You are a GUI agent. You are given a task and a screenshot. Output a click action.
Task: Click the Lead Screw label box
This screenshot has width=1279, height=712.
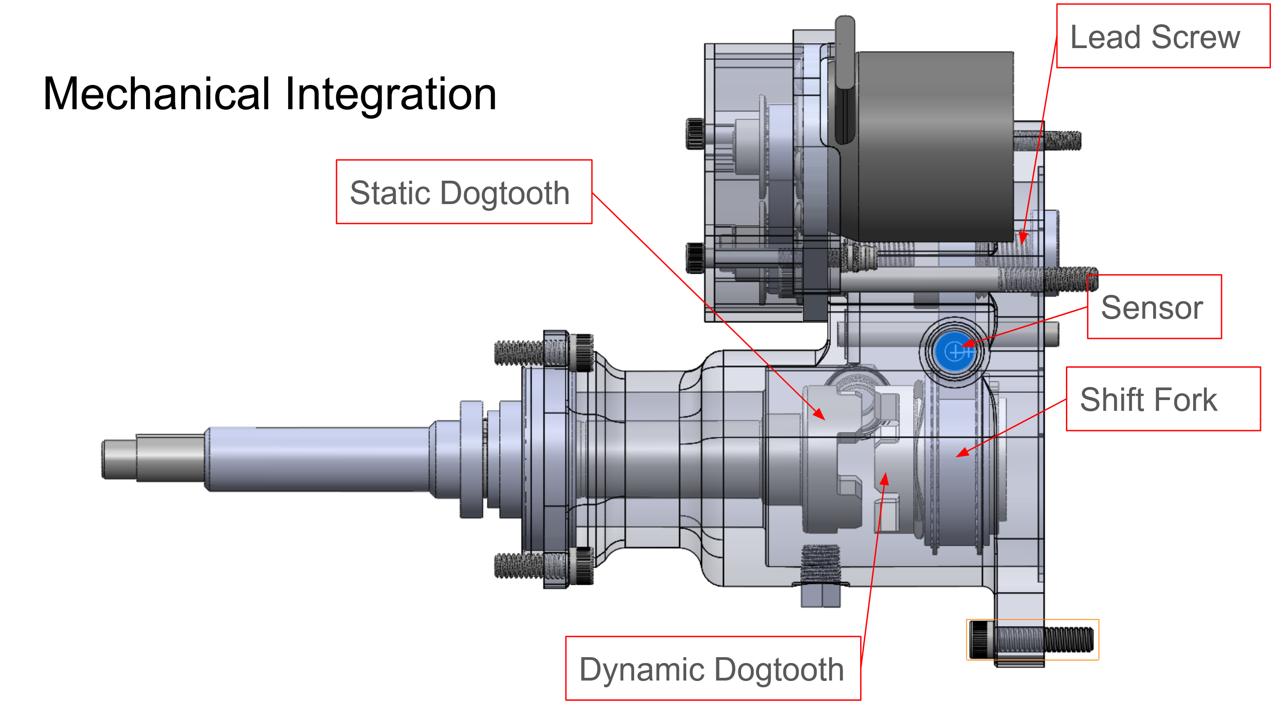(1162, 36)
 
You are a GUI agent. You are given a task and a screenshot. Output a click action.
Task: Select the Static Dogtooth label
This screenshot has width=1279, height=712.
(464, 192)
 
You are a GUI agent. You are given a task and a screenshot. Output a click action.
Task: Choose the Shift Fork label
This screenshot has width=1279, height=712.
(1162, 399)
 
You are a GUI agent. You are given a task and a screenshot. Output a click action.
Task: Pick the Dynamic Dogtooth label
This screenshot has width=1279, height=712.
(712, 669)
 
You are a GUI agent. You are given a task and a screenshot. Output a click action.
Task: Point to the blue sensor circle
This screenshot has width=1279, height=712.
(953, 352)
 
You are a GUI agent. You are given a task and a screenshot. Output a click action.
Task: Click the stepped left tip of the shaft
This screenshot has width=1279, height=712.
(119, 459)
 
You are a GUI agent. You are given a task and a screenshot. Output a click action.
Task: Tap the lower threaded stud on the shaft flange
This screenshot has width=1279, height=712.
(519, 565)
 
